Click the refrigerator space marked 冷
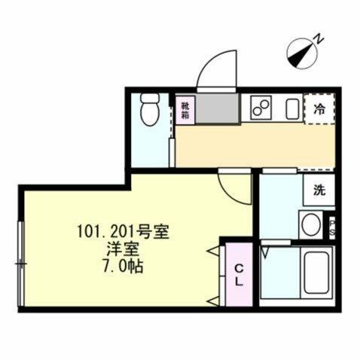pos(319,108)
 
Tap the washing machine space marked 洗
pos(319,191)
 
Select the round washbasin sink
pos(309,224)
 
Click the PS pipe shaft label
pos(332,227)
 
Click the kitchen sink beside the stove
pos(290,110)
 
